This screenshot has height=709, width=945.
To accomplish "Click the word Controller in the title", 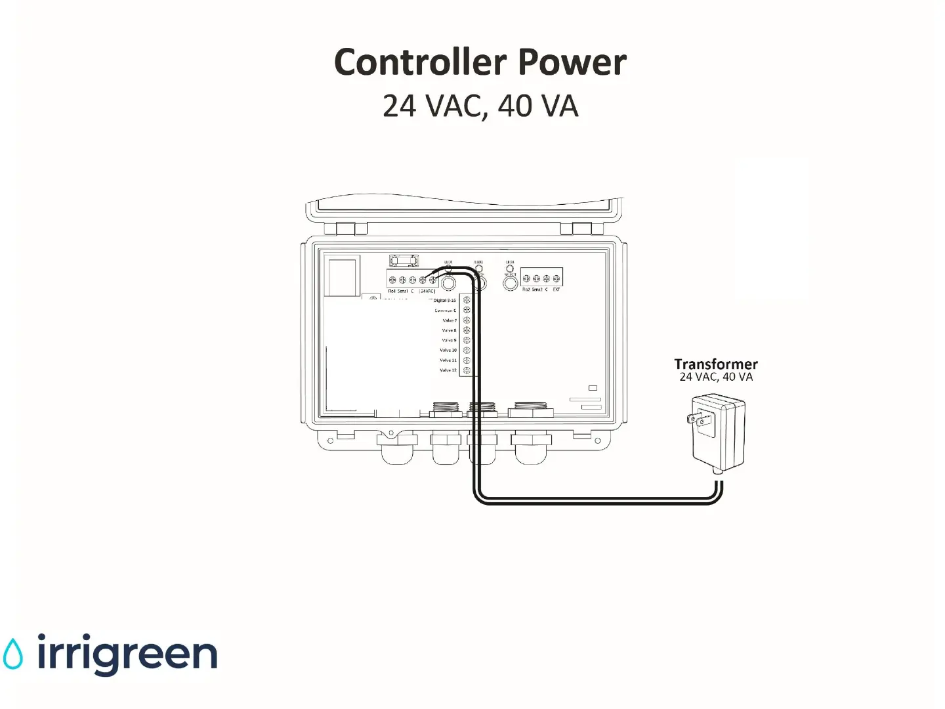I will [x=420, y=62].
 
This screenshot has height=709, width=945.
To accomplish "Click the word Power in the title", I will [x=572, y=62].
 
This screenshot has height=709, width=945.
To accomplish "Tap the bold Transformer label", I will [x=715, y=364].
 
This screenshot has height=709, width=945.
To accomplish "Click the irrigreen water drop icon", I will [x=12, y=655].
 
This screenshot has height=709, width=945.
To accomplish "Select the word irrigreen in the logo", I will [x=127, y=655].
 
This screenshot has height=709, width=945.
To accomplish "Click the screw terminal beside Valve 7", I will [x=467, y=320].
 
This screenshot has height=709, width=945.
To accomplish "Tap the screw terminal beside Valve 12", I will [x=467, y=370].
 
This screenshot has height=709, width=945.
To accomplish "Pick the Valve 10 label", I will [x=448, y=351].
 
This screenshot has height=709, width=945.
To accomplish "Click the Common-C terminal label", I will [x=445, y=311].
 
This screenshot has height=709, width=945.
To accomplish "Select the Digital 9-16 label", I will [x=444, y=301].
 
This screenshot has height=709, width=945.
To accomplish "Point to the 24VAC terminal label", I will [x=427, y=291].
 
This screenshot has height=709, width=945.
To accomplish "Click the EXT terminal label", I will [x=556, y=290].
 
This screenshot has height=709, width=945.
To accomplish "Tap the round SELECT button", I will [x=510, y=284].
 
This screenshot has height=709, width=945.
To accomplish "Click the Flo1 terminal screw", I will [x=392, y=280].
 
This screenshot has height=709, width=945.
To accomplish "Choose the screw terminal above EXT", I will [x=556, y=279].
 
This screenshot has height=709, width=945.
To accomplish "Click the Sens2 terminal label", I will [x=537, y=290].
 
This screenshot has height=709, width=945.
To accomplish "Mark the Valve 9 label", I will [x=449, y=341].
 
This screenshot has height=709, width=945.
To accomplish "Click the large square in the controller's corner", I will [x=343, y=278].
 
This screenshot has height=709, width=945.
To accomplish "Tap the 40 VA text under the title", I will [x=538, y=106].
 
